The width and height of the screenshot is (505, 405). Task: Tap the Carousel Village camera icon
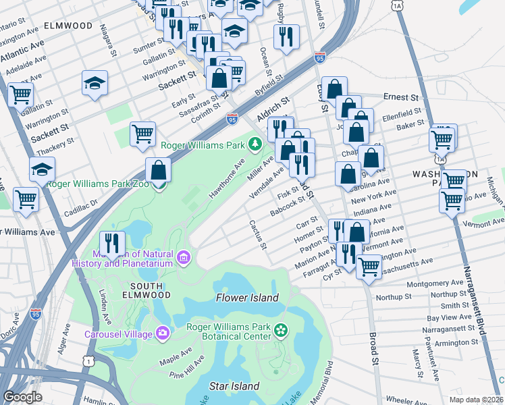[x=163, y=333]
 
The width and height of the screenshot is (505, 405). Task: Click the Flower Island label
[x=247, y=298]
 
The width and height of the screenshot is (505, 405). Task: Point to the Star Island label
[x=234, y=386]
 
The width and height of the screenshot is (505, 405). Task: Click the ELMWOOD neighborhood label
[x=68, y=26]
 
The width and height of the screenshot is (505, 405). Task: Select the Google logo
[x=23, y=397]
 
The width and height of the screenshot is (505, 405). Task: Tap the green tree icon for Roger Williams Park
[x=255, y=143]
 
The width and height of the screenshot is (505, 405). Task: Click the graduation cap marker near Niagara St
[x=95, y=83]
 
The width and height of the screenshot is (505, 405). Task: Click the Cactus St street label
[x=257, y=234]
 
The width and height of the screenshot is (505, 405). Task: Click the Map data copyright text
[x=476, y=399]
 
